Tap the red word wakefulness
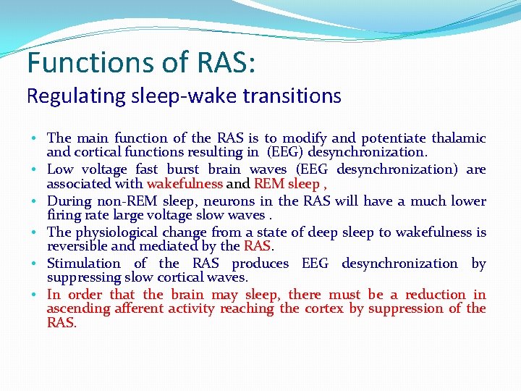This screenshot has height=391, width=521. click(185, 184)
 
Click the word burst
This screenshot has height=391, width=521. click(183, 169)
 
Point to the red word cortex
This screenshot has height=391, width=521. click(323, 309)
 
